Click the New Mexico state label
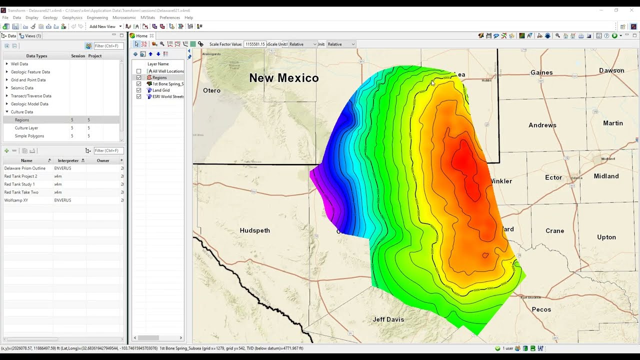coord(283,78)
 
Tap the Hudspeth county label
coord(254,230)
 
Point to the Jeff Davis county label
coord(388,319)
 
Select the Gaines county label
coord(541,72)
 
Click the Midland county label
coord(606,176)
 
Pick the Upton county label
coord(606,237)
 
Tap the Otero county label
coord(211,90)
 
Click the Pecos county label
coord(541,309)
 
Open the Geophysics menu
coord(72,17)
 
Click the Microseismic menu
coord(124,17)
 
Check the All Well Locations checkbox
coord(139,71)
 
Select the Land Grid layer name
coord(161,90)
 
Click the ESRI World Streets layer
coord(168,96)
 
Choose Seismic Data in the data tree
coord(22,88)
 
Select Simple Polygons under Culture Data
coord(29,136)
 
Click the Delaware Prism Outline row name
coord(25,168)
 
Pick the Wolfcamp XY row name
coord(16,200)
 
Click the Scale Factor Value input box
coord(254,44)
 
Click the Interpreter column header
coord(68,160)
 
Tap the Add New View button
coord(102,26)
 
